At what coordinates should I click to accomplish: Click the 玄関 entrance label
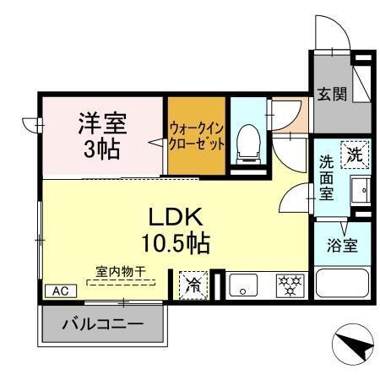tap(332, 94)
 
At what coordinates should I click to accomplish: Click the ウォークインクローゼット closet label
tap(197, 136)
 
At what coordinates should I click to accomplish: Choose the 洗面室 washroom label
tap(327, 176)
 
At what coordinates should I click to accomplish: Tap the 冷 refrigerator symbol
tap(193, 285)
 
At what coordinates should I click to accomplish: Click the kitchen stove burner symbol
tap(288, 285)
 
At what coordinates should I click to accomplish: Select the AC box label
tap(60, 290)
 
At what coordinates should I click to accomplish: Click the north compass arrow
tap(354, 345)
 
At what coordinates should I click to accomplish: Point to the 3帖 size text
tap(102, 149)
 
